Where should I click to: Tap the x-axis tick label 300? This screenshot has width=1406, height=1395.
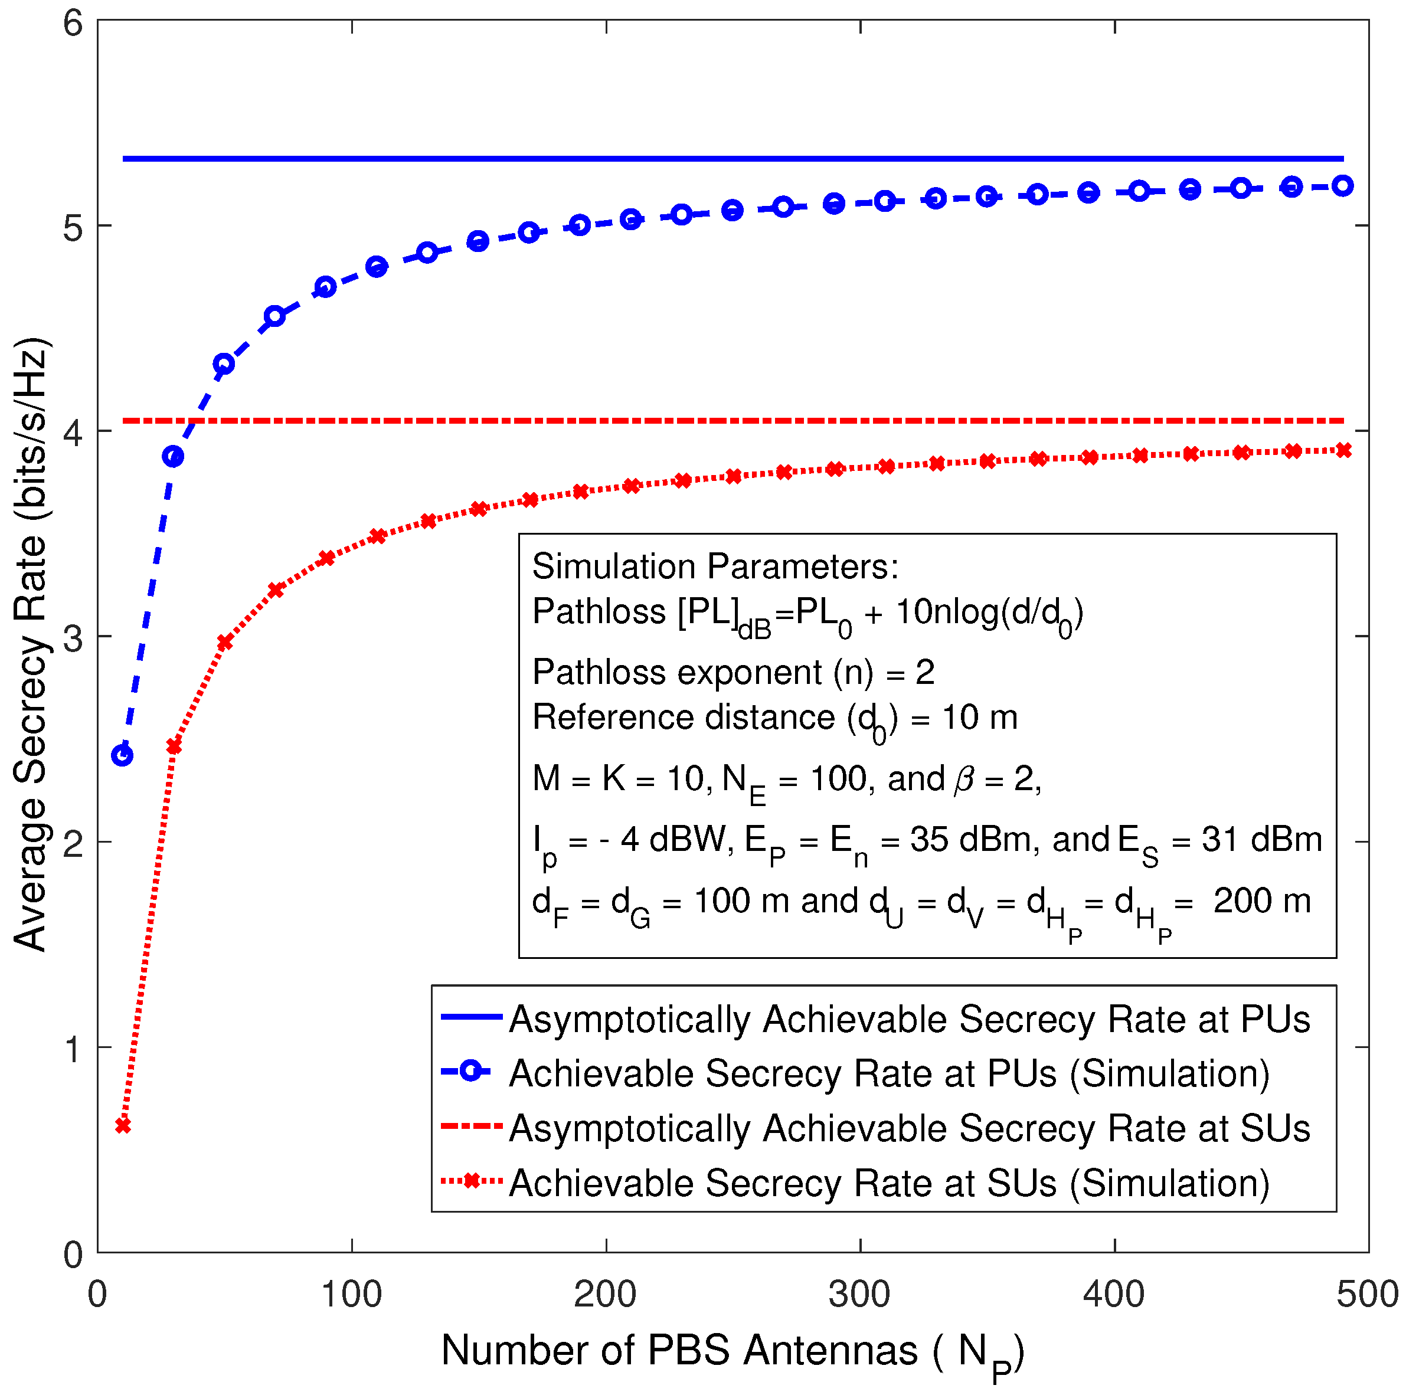(x=859, y=1295)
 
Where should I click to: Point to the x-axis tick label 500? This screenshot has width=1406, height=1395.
(x=1366, y=1295)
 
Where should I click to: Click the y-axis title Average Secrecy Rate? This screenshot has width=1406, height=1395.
(x=31, y=644)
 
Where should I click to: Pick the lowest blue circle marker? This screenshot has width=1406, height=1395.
(x=122, y=755)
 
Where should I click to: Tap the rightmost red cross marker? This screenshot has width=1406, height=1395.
(x=1343, y=450)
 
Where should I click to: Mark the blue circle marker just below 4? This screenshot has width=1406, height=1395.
(x=173, y=457)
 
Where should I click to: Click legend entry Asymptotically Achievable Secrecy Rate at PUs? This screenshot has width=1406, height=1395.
(x=909, y=1020)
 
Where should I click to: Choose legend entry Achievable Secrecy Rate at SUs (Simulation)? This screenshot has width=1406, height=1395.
(x=890, y=1183)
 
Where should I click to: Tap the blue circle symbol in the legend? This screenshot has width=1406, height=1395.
(x=471, y=1071)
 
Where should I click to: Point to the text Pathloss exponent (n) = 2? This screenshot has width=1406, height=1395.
(x=733, y=672)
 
